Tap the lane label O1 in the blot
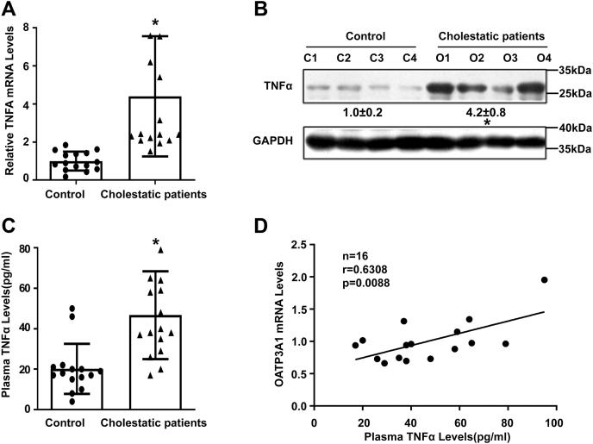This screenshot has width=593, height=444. (441, 58)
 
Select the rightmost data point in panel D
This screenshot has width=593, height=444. (544, 280)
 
